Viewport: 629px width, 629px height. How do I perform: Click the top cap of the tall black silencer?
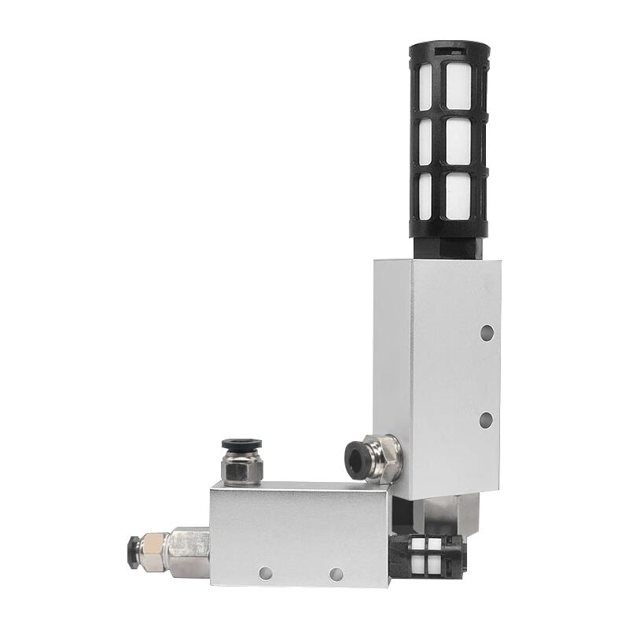click(449, 52)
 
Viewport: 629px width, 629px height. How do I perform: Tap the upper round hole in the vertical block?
click(487, 333)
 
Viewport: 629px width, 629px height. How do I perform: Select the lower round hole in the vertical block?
click(486, 419)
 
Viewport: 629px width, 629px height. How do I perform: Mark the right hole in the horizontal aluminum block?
click(336, 574)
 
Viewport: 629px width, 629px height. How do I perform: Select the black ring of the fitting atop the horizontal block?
click(236, 445)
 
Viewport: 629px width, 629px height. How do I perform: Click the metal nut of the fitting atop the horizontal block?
click(237, 469)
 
